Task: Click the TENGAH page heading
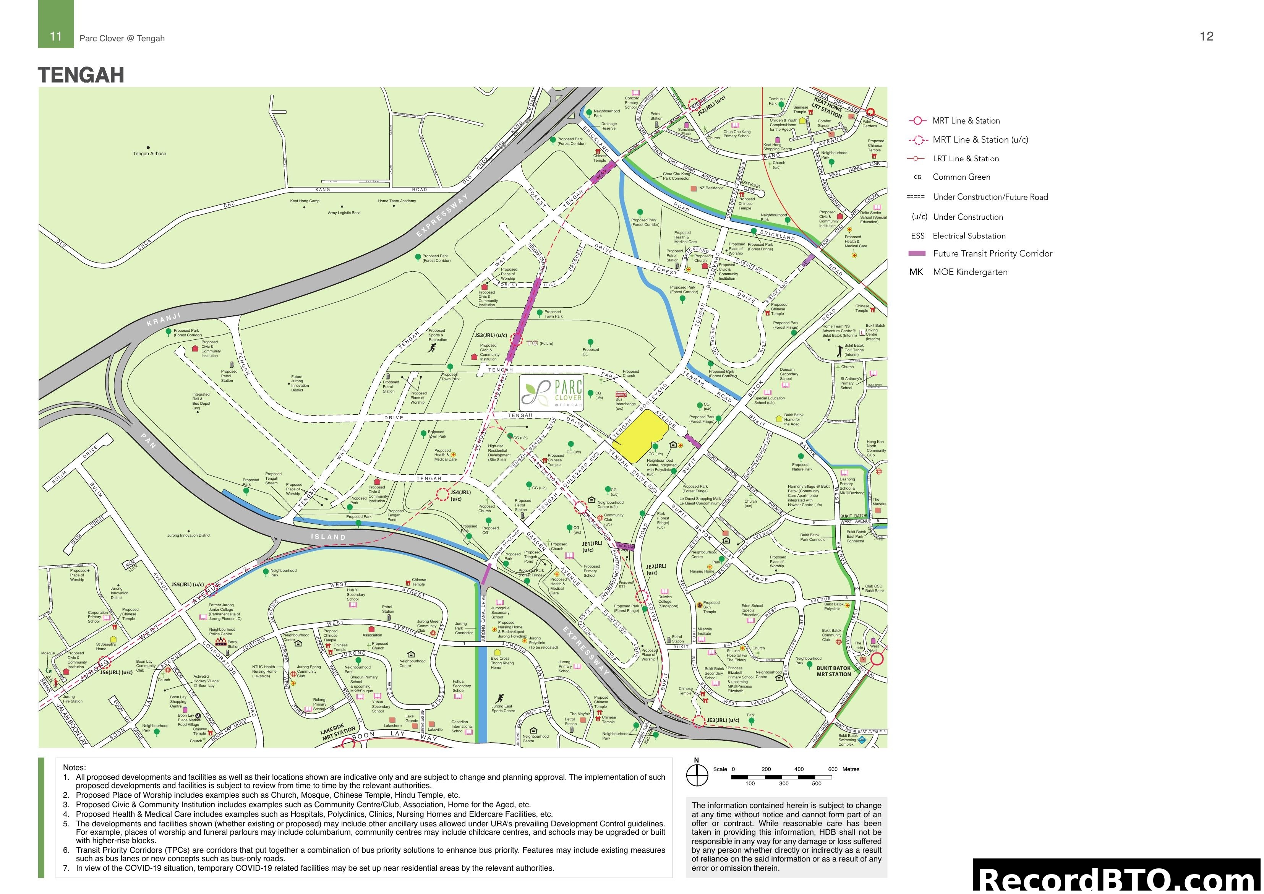tap(81, 75)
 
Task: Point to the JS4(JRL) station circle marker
tap(442, 494)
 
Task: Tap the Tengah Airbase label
tap(149, 154)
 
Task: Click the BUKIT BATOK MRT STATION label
tap(833, 671)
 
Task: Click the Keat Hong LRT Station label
tap(827, 109)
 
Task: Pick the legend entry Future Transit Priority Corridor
tap(992, 253)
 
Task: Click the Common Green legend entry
tap(961, 177)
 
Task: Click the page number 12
tap(1206, 36)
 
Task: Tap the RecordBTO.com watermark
tap(1118, 879)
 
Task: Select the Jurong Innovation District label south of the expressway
tap(189, 535)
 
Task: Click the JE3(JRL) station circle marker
tap(698, 720)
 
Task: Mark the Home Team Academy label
tap(397, 201)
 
